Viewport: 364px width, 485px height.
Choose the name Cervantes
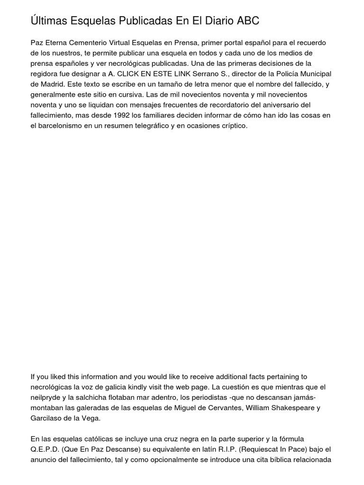pyautogui.click(x=232, y=408)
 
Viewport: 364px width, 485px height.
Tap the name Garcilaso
pyautogui.click(x=46, y=418)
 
